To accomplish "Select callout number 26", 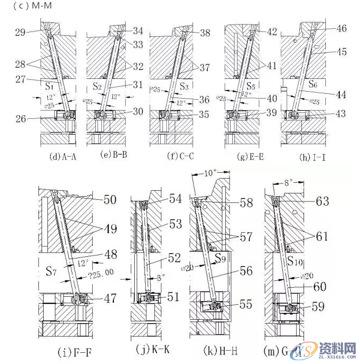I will pos(21,119).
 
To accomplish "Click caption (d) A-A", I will pos(61,157).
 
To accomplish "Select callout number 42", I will pos(272,31).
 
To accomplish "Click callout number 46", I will pos(341,29).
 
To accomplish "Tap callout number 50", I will pos(109,200).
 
